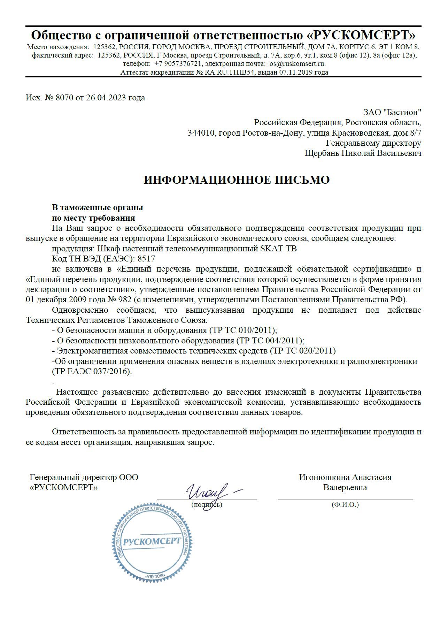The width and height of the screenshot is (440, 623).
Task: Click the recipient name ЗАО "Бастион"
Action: point(392,112)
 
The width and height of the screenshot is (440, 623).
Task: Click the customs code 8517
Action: point(147,259)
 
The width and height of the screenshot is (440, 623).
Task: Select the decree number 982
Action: point(124,300)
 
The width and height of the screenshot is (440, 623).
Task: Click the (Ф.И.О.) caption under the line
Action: point(345,504)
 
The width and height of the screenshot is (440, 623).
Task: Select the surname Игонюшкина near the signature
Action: point(324,477)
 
